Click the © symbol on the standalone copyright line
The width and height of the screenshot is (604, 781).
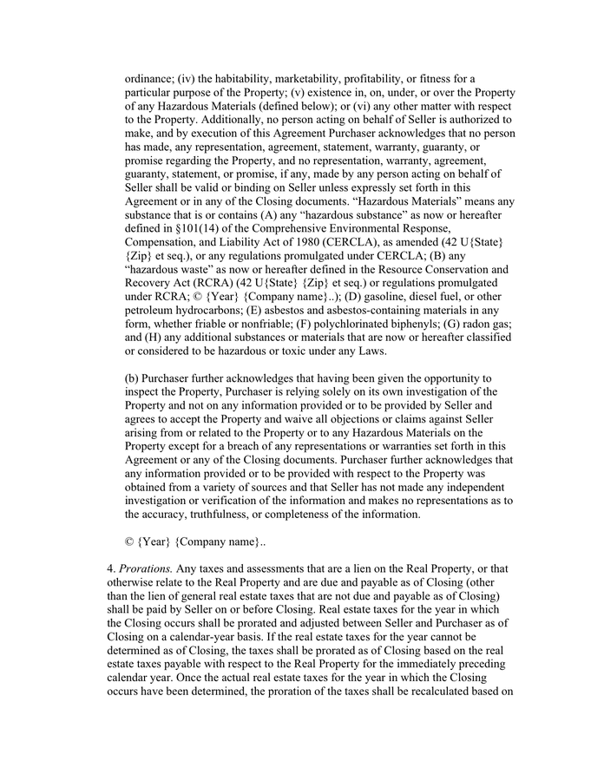130,541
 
